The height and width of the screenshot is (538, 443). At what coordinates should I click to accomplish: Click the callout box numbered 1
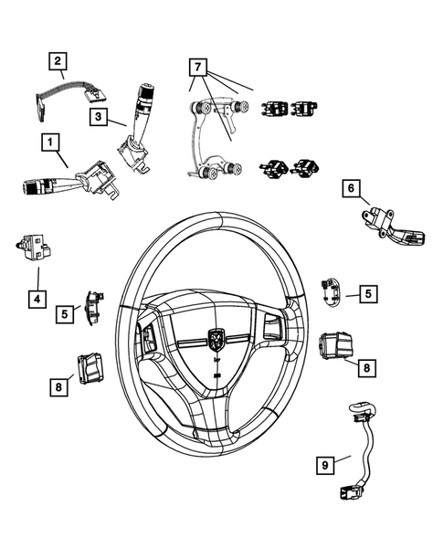[x=50, y=142]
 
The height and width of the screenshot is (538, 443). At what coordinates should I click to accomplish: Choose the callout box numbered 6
[x=350, y=189]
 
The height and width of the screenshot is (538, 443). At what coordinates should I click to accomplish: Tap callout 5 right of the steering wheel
[x=367, y=293]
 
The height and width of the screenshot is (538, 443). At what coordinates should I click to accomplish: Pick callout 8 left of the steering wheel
[x=58, y=386]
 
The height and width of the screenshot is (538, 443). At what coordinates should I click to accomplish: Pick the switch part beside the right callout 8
[x=334, y=347]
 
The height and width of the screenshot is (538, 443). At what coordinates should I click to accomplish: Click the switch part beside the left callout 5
[x=93, y=305]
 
